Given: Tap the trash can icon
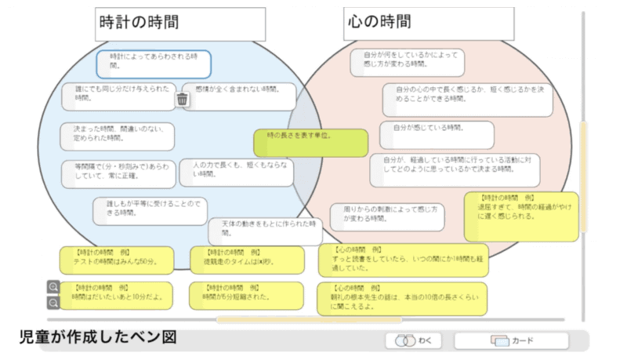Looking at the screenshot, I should pyautogui.click(x=182, y=99).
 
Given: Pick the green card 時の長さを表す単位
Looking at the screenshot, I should pyautogui.click(x=310, y=143).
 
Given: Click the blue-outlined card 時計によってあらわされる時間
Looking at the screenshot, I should pyautogui.click(x=154, y=64).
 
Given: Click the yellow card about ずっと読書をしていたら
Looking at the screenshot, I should pyautogui.click(x=403, y=260).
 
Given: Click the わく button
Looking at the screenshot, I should pyautogui.click(x=414, y=341).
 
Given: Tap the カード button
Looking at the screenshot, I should pyautogui.click(x=511, y=341).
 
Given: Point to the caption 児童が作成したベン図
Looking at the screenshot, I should pyautogui.click(x=97, y=337).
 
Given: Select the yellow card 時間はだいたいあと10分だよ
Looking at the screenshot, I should pyautogui.click(x=118, y=296).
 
